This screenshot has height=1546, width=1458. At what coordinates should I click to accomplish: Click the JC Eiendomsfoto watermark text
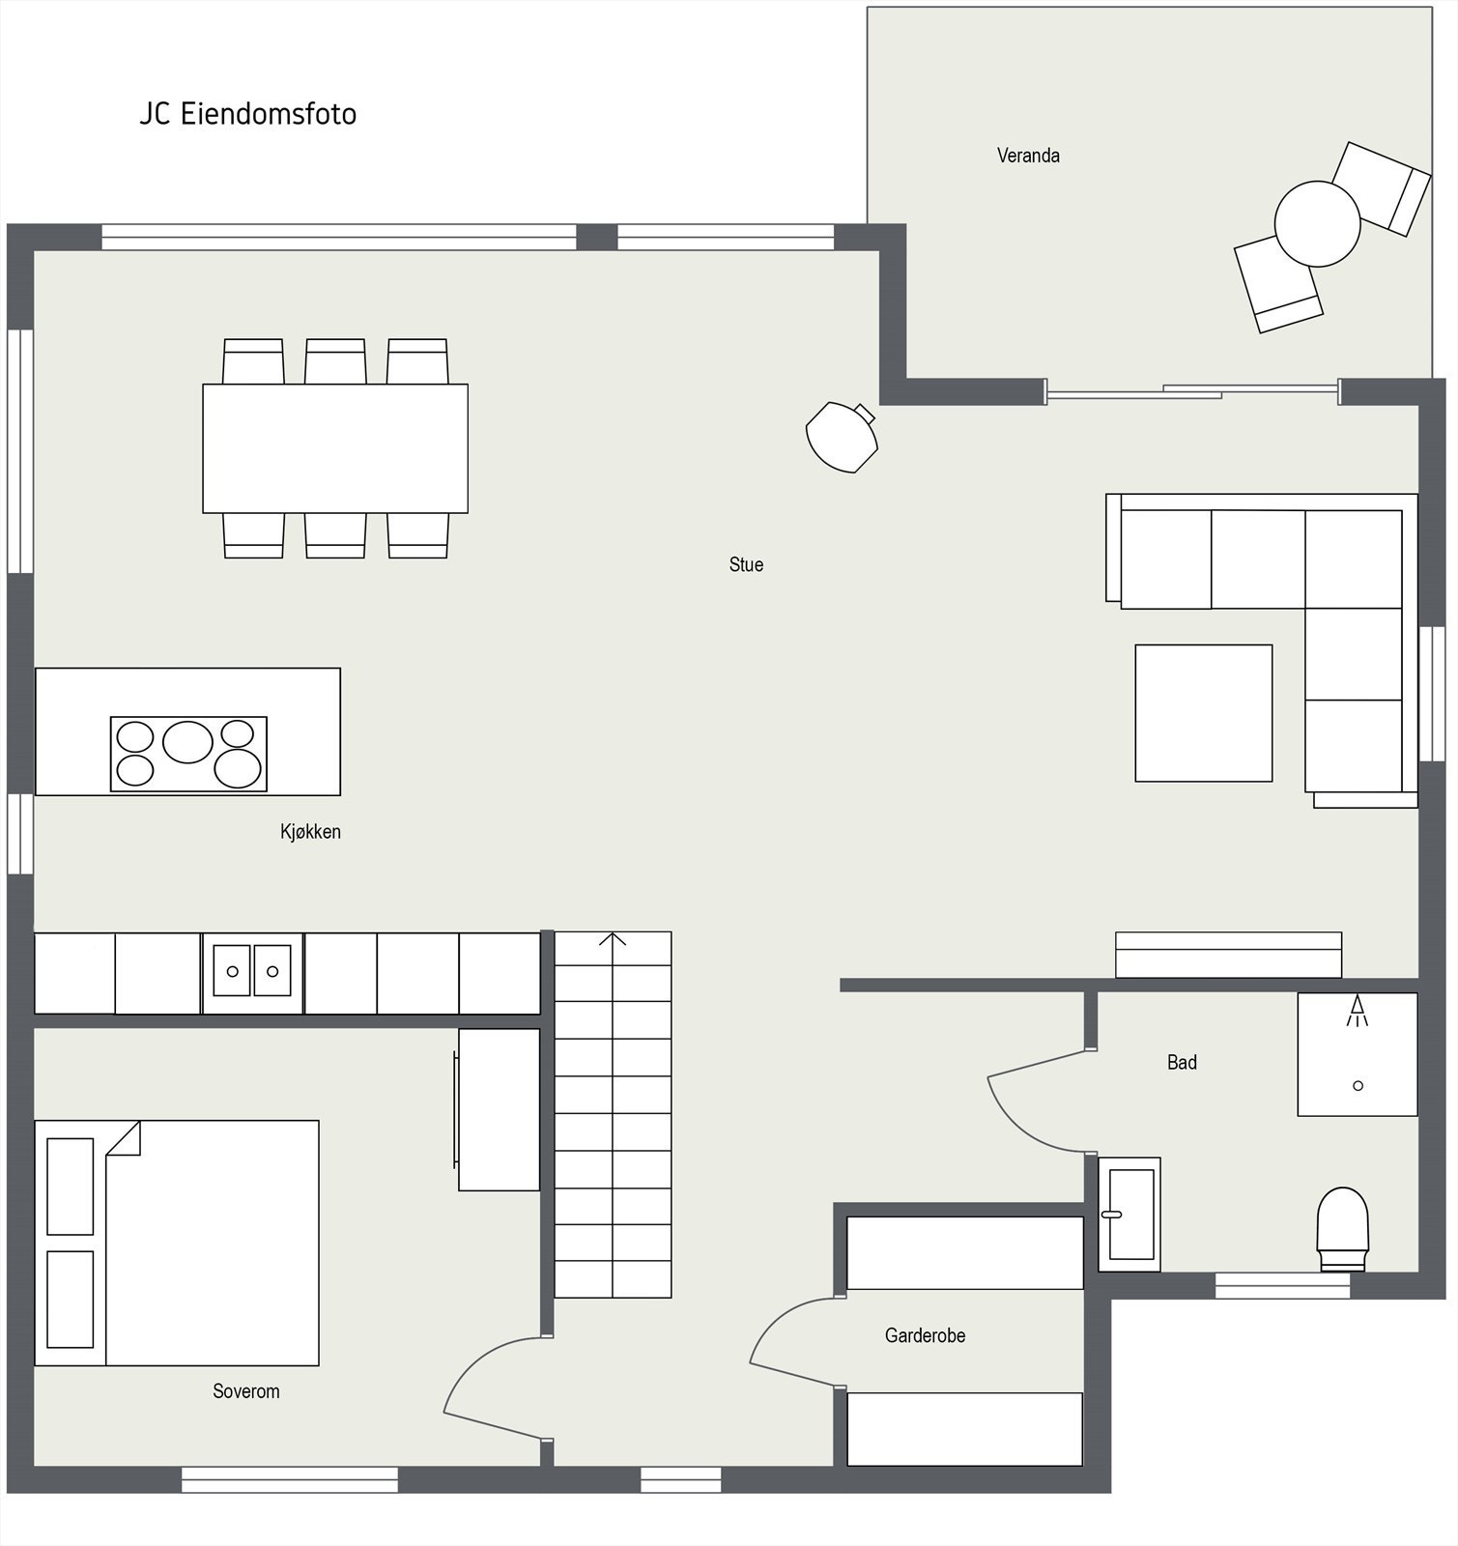[x=248, y=114]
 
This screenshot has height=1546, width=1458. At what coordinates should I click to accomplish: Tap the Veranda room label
[x=1028, y=156]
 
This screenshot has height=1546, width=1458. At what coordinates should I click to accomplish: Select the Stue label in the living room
[x=746, y=564]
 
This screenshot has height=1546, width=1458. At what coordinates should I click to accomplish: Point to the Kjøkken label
[x=310, y=832]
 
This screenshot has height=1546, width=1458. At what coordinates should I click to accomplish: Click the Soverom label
[x=246, y=1391]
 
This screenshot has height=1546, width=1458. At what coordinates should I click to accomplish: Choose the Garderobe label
[x=925, y=1335]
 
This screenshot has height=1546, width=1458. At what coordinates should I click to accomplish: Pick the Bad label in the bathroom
[x=1182, y=1063]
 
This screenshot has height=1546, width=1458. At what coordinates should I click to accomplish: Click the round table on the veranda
[x=1317, y=224]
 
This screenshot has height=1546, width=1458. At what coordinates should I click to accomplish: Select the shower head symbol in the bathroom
[x=1358, y=1010]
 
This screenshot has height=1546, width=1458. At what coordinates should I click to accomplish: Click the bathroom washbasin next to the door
[x=1129, y=1215]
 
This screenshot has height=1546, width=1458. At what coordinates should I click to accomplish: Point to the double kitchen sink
[x=252, y=971]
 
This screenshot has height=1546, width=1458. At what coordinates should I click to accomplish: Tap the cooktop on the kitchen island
[x=188, y=754]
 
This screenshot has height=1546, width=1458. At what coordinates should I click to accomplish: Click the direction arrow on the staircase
[x=613, y=940]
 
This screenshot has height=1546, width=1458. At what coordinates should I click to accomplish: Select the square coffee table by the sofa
[x=1203, y=713]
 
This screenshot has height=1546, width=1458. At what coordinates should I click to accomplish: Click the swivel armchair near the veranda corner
[x=842, y=437]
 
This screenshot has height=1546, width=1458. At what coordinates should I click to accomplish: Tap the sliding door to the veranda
[x=1192, y=391]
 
